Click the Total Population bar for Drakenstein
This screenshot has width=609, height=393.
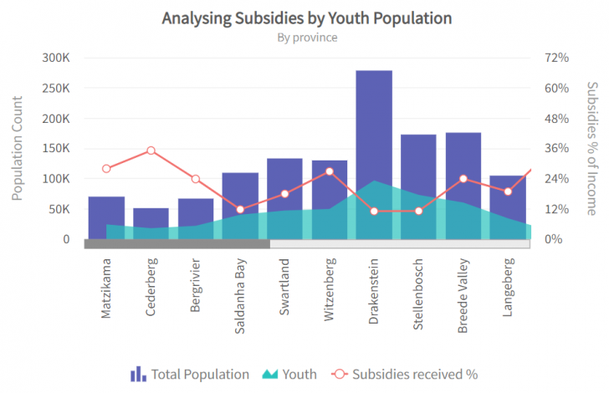click(x=374, y=125)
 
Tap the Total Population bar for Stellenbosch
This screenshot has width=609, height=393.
click(x=418, y=163)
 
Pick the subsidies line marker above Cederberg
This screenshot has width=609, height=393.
click(x=151, y=151)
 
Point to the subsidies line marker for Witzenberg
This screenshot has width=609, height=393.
click(x=330, y=171)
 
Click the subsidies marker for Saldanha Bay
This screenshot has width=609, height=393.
click(x=240, y=210)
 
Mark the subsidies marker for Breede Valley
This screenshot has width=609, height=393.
click(x=463, y=179)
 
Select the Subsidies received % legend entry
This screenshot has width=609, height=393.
click(x=405, y=375)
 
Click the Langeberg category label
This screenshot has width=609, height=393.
click(x=509, y=289)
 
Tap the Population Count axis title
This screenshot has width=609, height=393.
click(x=18, y=148)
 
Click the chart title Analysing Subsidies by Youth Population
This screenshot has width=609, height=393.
click(x=307, y=18)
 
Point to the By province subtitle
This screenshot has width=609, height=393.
click(x=307, y=38)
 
